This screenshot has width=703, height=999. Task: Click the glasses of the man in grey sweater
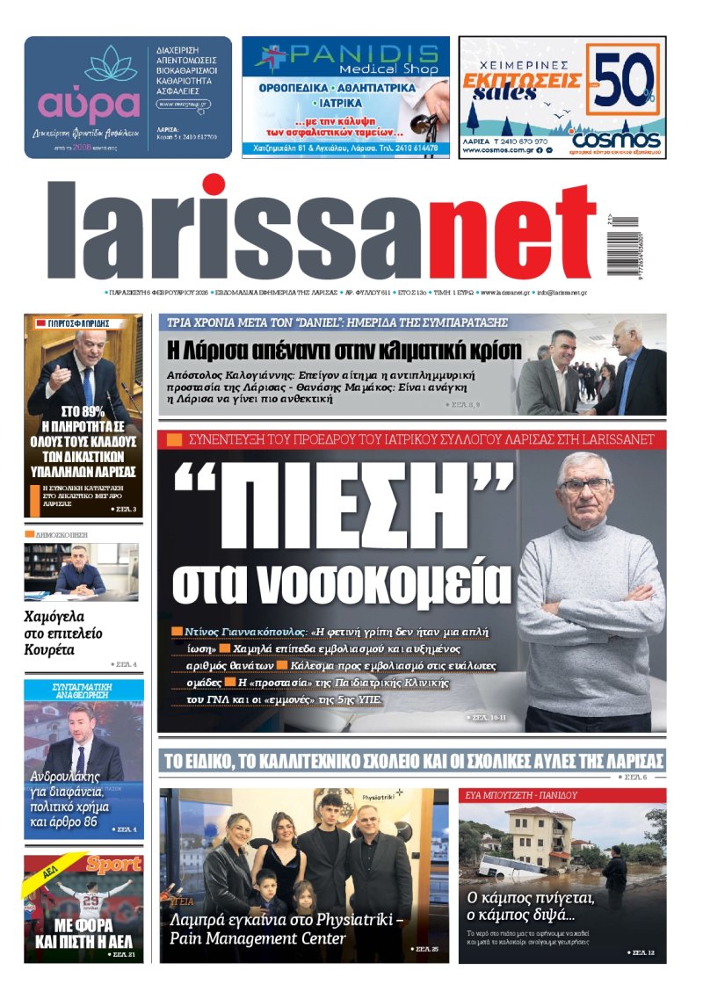coord(583,484)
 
